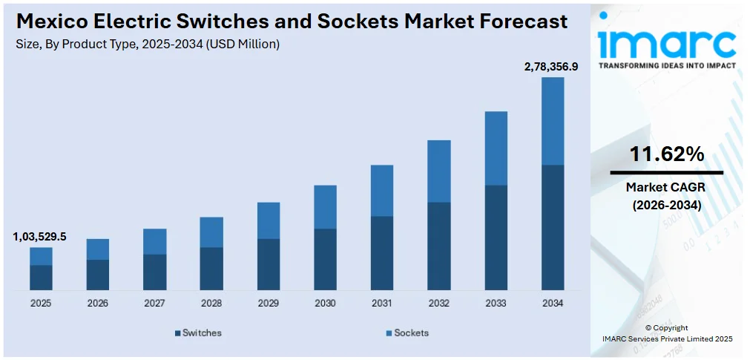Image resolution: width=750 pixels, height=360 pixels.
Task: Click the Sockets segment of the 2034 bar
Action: (x=552, y=121)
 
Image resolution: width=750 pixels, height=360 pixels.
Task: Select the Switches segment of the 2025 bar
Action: (x=41, y=277)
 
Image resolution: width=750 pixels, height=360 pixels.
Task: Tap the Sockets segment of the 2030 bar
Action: (x=325, y=207)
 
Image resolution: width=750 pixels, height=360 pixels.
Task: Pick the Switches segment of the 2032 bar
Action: (x=438, y=246)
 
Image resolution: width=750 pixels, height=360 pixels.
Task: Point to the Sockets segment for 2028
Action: (x=211, y=232)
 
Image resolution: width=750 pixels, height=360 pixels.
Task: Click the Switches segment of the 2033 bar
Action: (x=496, y=238)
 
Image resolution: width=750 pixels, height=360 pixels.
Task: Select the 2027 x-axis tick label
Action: (x=154, y=304)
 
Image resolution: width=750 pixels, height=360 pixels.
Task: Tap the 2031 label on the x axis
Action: (x=381, y=304)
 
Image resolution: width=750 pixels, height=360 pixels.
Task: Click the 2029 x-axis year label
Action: (x=268, y=304)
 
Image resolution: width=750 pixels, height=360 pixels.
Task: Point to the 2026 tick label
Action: (x=98, y=304)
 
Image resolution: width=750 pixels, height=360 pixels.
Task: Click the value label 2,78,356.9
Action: (x=550, y=67)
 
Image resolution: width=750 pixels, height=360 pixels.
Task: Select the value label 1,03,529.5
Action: (x=39, y=237)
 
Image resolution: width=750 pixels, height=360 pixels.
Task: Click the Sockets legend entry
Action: (x=407, y=333)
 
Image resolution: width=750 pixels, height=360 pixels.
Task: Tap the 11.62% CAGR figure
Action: (x=666, y=154)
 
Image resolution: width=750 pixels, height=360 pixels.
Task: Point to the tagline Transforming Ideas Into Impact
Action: (x=666, y=65)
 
